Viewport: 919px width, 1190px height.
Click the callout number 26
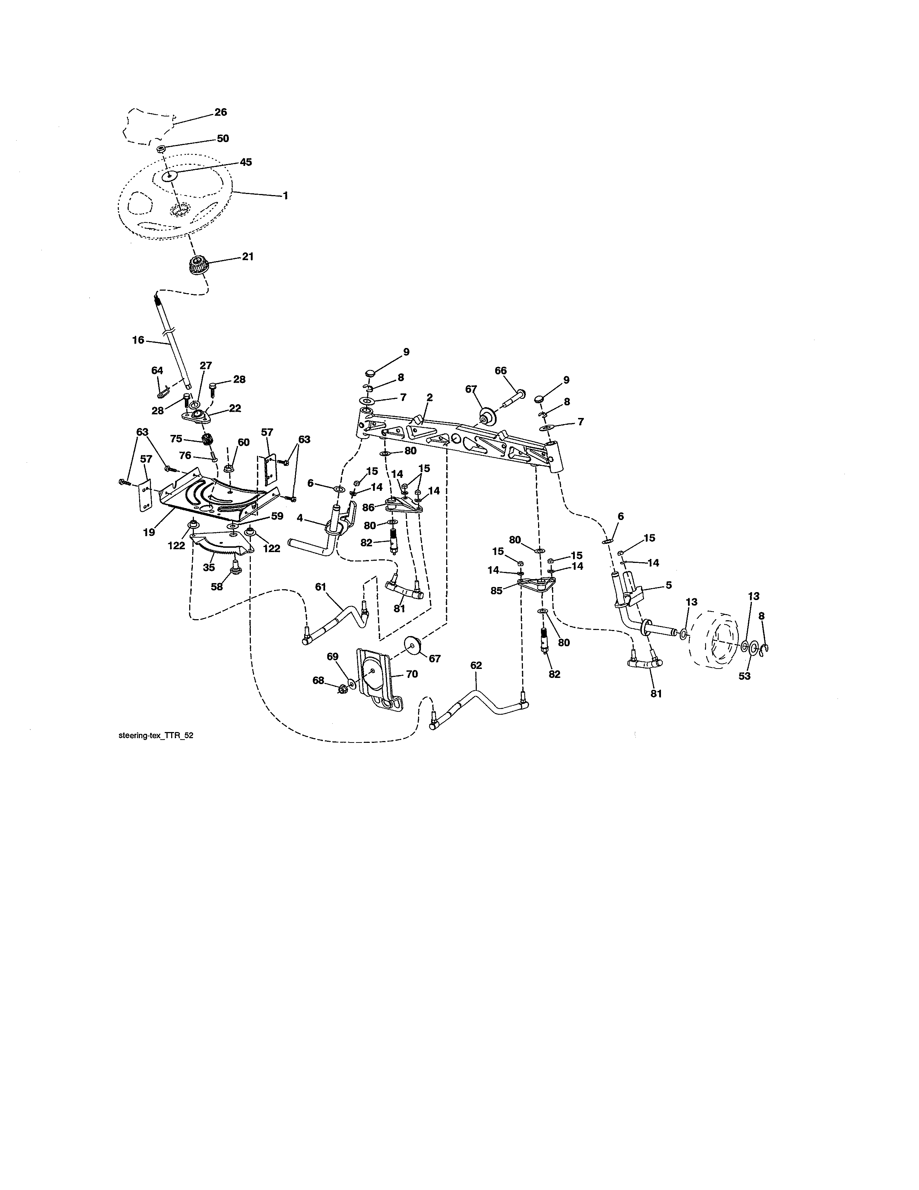(x=221, y=112)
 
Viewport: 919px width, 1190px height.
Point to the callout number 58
(x=217, y=587)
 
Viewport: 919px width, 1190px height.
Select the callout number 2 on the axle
(x=430, y=398)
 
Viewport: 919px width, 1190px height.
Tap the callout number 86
(x=369, y=507)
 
